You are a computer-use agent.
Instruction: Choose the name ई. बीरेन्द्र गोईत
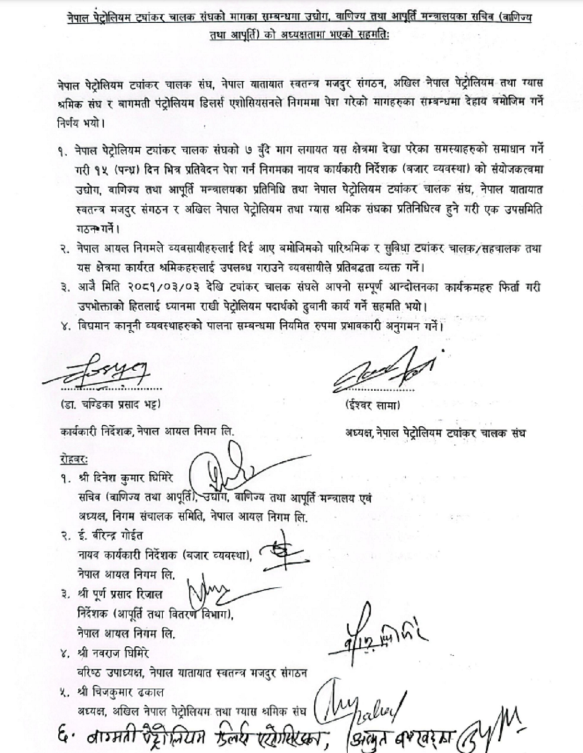click(110, 536)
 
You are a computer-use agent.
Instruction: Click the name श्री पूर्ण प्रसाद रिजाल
click(120, 595)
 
